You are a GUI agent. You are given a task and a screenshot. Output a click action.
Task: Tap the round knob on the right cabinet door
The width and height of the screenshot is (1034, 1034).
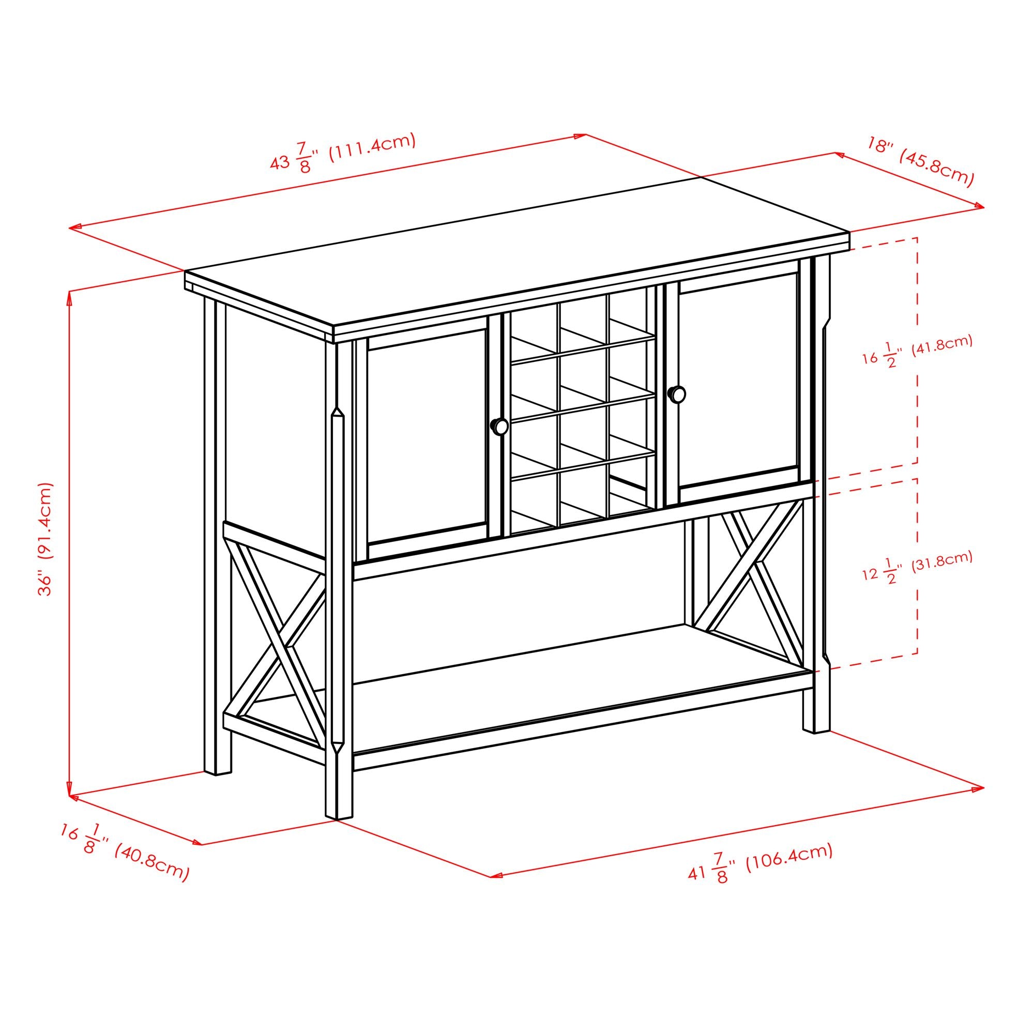click(677, 394)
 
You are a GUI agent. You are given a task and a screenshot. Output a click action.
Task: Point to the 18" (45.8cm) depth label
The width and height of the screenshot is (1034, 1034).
click(919, 168)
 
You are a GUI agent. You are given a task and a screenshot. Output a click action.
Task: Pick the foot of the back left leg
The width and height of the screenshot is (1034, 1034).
click(218, 771)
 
